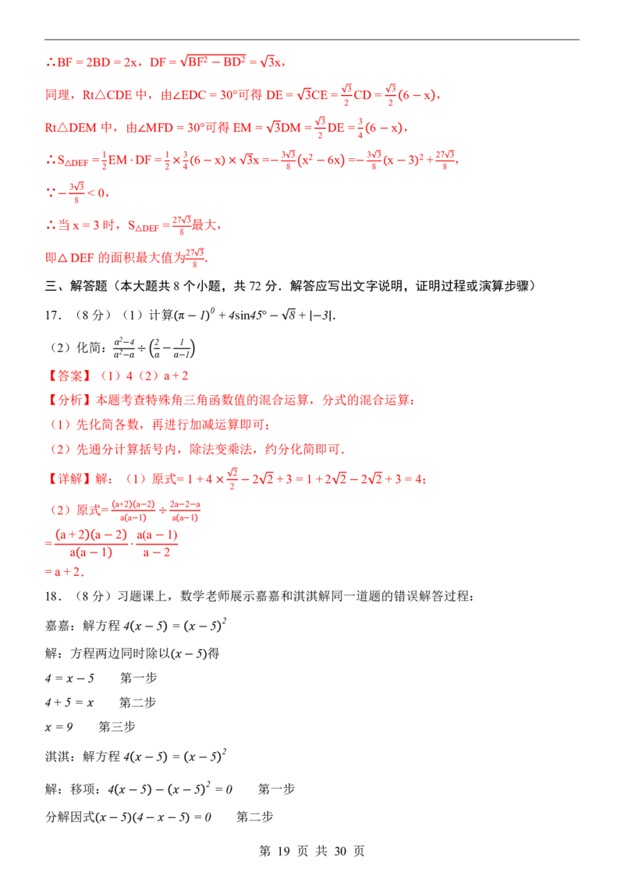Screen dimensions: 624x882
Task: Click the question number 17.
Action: (x=54, y=316)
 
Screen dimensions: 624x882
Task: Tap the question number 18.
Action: (x=54, y=596)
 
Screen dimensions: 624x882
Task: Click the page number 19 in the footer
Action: (x=283, y=851)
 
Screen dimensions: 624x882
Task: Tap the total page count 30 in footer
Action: (x=340, y=851)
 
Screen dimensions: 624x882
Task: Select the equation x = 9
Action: (x=58, y=727)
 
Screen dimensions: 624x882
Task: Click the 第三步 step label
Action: (x=117, y=727)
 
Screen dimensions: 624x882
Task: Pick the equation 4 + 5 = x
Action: (x=69, y=703)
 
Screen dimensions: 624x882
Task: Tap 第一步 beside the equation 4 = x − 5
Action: (x=139, y=678)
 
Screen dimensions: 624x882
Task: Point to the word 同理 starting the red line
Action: (x=58, y=95)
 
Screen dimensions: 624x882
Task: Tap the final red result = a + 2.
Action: (x=64, y=572)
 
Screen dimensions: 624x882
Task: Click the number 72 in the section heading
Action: (x=256, y=286)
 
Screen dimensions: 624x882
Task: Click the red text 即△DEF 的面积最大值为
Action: (x=115, y=258)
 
